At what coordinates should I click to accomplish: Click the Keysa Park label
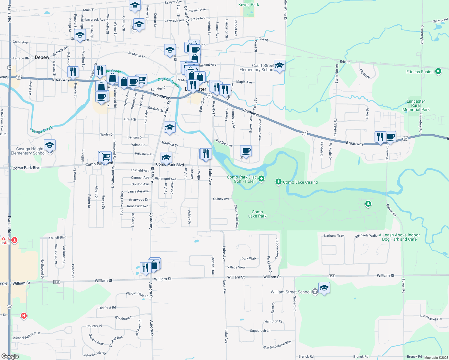[x=249, y=4]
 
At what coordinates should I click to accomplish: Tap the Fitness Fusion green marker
[x=438, y=71]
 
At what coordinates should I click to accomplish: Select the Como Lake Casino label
[x=300, y=182]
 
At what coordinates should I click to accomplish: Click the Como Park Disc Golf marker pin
[x=261, y=179]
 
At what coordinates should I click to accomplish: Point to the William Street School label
[x=290, y=292]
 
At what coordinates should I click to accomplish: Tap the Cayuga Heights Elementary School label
[x=28, y=151]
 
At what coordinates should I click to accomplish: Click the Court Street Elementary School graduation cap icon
[x=279, y=66]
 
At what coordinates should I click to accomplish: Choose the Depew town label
[x=42, y=57]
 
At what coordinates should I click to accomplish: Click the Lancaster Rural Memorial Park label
[x=416, y=105]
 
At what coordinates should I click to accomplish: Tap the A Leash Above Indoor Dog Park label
[x=399, y=237]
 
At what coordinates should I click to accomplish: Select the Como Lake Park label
[x=257, y=214]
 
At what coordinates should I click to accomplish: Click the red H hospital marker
[x=23, y=316]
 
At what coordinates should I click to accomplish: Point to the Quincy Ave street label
[x=221, y=199]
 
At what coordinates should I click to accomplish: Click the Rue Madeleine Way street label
[x=277, y=345]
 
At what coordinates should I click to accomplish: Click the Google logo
[x=10, y=356]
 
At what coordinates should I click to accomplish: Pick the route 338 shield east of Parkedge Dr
[x=332, y=276]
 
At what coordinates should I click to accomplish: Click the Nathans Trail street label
[x=334, y=236]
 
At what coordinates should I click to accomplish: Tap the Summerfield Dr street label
[x=431, y=317]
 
